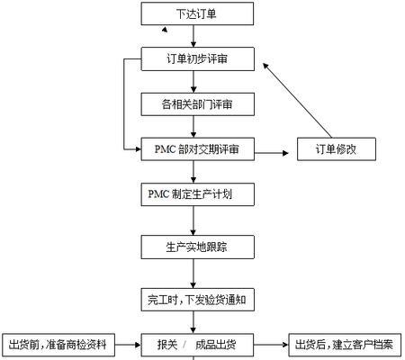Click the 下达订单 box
point(197,13)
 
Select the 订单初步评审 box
point(198,59)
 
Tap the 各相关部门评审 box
point(198,104)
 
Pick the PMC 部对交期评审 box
point(198,149)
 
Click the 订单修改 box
point(337,149)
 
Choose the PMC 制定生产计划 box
point(198,194)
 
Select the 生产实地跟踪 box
point(198,247)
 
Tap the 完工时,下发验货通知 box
point(198,300)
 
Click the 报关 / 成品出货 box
point(197,345)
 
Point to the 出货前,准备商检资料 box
point(58,345)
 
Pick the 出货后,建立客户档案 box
point(345,345)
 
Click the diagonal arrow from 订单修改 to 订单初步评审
point(298,100)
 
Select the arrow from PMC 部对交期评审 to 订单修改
point(272,153)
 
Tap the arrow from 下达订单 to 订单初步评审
point(193,36)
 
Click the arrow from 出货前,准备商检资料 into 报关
point(128,345)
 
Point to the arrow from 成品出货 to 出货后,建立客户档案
point(271,345)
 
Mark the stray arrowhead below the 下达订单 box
point(165,29)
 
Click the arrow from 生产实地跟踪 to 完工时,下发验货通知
point(193,274)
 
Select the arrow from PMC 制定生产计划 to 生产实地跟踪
point(193,220)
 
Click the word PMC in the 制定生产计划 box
point(158,194)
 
